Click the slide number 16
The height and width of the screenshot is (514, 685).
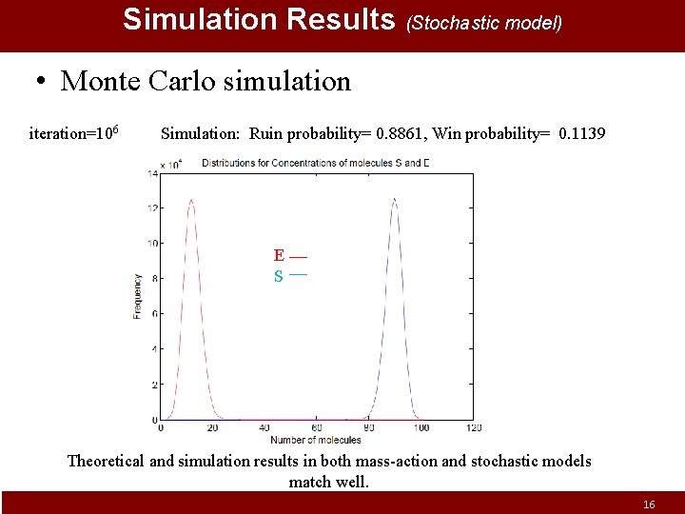[649, 504]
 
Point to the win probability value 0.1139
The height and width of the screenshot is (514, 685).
[582, 133]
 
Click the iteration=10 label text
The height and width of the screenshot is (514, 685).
[74, 133]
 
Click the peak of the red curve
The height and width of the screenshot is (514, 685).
[191, 200]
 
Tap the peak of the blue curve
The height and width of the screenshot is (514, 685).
[394, 199]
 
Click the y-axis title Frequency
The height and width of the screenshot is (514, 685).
[138, 296]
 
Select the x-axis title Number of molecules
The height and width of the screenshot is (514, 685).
[315, 440]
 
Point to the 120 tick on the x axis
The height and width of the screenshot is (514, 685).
[473, 428]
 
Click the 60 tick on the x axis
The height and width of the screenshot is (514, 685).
[317, 428]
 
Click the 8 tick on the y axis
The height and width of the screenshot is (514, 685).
[154, 279]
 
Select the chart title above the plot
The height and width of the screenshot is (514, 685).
[315, 163]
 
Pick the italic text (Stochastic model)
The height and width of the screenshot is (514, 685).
[484, 22]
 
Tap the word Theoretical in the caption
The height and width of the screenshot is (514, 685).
[106, 461]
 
